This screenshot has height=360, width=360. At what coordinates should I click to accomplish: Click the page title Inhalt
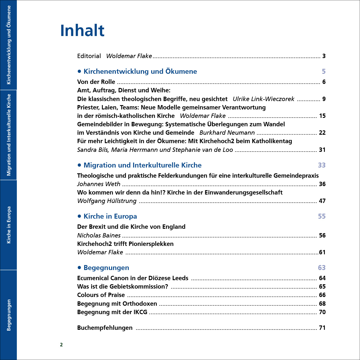click(82, 30)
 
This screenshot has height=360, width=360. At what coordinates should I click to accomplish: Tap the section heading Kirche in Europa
click(110, 216)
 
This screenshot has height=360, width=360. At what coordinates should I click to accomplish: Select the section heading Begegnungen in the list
click(106, 268)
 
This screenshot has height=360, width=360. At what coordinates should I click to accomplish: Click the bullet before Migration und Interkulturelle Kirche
click(79, 165)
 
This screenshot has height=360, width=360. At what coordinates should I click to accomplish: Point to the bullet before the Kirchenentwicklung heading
click(79, 71)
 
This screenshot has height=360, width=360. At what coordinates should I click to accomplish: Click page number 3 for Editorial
click(324, 56)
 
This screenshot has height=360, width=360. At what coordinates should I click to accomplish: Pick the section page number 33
click(322, 165)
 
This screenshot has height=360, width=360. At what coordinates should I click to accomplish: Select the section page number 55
click(322, 216)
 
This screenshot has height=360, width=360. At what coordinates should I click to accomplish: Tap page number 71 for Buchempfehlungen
click(322, 328)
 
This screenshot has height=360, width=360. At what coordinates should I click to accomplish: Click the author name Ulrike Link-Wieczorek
click(263, 99)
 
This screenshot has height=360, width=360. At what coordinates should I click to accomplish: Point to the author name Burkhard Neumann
click(227, 133)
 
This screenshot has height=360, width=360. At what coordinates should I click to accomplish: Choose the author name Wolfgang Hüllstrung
click(107, 201)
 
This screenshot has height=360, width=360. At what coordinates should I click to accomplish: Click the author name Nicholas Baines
click(99, 235)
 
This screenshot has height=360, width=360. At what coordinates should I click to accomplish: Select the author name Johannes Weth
click(99, 184)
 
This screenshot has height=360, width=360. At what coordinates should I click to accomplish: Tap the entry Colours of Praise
click(101, 295)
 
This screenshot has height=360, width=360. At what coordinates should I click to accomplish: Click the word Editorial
click(89, 56)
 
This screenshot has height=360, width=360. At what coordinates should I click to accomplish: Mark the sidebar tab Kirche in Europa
click(9, 225)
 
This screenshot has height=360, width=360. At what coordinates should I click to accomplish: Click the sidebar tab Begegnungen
click(9, 315)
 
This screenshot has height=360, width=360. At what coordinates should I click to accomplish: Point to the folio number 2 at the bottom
click(61, 345)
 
